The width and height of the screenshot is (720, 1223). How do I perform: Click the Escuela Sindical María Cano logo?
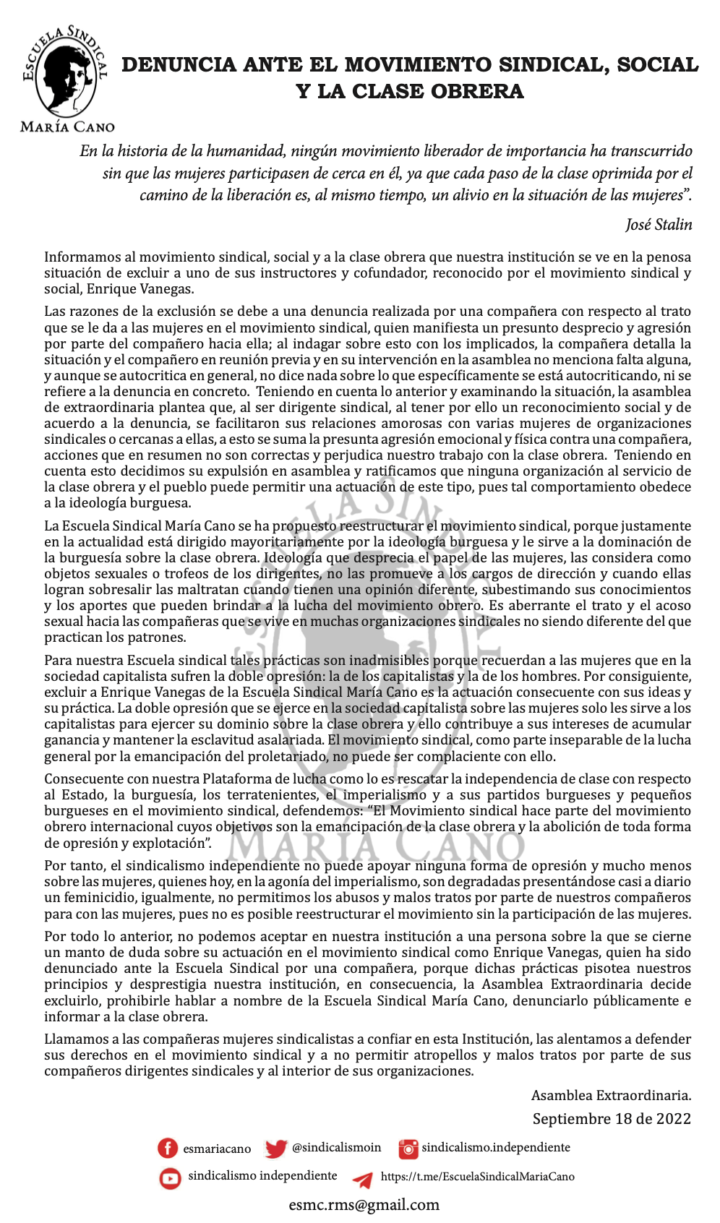pyautogui.click(x=67, y=72)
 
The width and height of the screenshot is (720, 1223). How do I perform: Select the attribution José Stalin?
pyautogui.click(x=659, y=225)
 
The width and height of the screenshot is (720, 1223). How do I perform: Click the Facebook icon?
pyautogui.click(x=168, y=1149)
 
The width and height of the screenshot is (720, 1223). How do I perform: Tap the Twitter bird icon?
pyautogui.click(x=275, y=1149)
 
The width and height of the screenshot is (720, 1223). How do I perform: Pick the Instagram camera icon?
pyautogui.click(x=408, y=1149)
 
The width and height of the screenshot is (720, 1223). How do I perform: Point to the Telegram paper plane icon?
pyautogui.click(x=363, y=1179)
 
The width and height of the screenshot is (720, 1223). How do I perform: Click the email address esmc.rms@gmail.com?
pyautogui.click(x=364, y=1205)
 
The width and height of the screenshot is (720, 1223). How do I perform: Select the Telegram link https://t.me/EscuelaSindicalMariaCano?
pyautogui.click(x=478, y=1177)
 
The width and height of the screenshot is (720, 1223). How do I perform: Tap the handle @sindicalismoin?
pyautogui.click(x=336, y=1148)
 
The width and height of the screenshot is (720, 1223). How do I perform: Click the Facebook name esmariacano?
pyautogui.click(x=217, y=1149)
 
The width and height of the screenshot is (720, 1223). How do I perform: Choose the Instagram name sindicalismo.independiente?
pyautogui.click(x=496, y=1148)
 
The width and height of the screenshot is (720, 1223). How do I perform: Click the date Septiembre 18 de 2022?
pyautogui.click(x=612, y=1119)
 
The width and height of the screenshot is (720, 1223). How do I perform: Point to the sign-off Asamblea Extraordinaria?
pyautogui.click(x=611, y=1096)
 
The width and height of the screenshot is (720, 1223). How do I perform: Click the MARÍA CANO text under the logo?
pyautogui.click(x=67, y=127)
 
